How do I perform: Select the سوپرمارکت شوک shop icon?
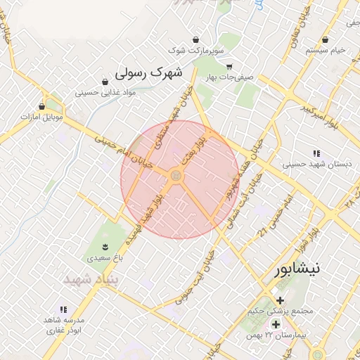(x=195, y=39)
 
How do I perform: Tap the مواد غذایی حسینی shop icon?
(x=105, y=82)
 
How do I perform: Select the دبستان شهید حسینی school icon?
(x=316, y=153)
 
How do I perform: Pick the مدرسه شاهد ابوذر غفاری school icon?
(x=63, y=309)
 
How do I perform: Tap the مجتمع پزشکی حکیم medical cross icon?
(x=280, y=300)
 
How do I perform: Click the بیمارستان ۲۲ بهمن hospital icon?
(x=276, y=324)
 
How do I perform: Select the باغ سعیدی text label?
(x=103, y=258)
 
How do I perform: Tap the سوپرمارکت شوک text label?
(x=195, y=51)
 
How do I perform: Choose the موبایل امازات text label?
(x=42, y=117)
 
